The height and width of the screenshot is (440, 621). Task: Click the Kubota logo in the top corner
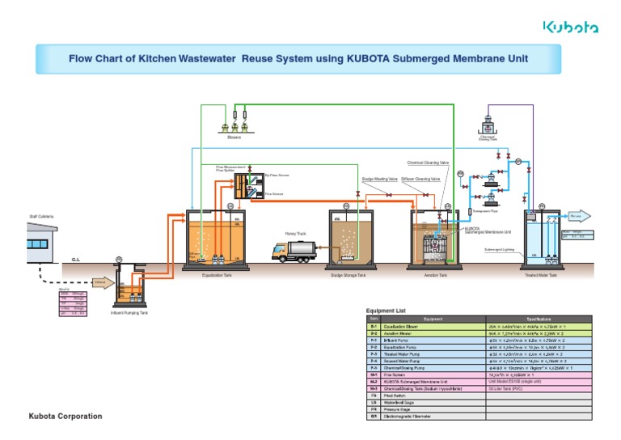pyautogui.click(x=570, y=27)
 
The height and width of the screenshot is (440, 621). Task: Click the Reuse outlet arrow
pyautogui.click(x=581, y=216)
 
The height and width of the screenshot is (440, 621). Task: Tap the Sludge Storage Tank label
pyautogui.click(x=349, y=275)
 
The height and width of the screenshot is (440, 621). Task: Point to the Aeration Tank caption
pyautogui.click(x=437, y=275)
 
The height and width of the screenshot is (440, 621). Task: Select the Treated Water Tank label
pyautogui.click(x=541, y=275)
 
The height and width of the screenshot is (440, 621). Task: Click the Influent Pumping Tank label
pyautogui.click(x=129, y=313)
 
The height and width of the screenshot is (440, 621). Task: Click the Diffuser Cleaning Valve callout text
pyautogui.click(x=420, y=179)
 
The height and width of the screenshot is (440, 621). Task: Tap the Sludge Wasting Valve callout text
pyautogui.click(x=378, y=179)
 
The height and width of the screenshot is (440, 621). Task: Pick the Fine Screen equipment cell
pyautogui.click(x=428, y=375)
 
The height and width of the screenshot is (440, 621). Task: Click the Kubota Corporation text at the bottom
pyautogui.click(x=65, y=416)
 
